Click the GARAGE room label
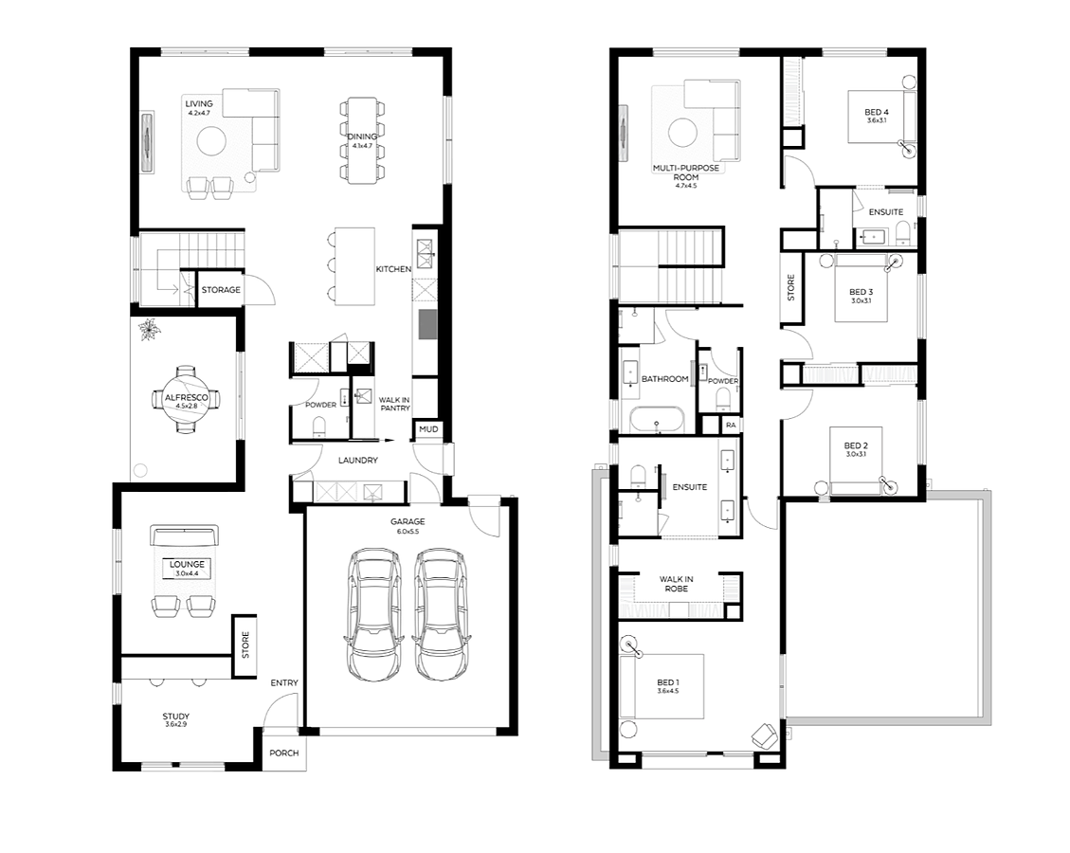[408, 522]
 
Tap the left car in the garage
[372, 614]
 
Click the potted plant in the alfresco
[147, 330]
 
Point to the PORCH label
[284, 753]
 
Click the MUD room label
[428, 429]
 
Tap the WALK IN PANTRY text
[394, 404]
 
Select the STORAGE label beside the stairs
[221, 290]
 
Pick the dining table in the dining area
[362, 140]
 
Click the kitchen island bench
[354, 267]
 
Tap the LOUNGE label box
[187, 569]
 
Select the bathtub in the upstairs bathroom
[657, 420]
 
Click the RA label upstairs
[731, 426]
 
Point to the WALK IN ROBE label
[677, 584]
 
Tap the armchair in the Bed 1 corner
[764, 735]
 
